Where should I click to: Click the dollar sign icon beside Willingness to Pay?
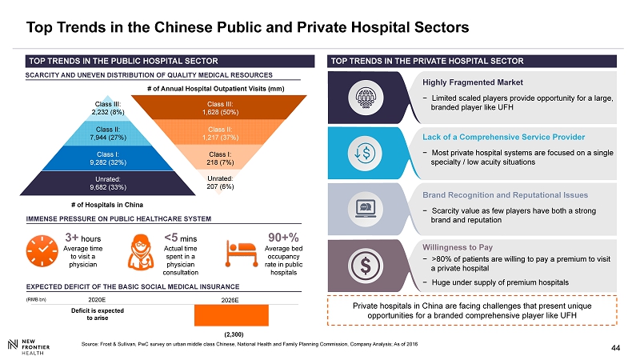click(x=366, y=263)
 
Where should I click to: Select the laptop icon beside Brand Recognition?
click(x=366, y=208)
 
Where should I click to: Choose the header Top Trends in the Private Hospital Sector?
click(x=427, y=61)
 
